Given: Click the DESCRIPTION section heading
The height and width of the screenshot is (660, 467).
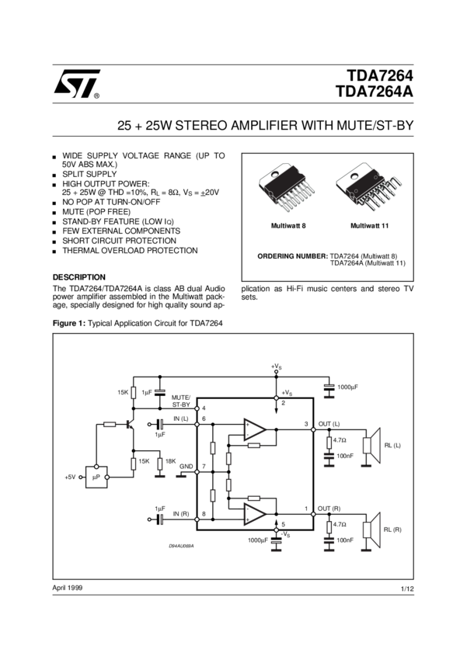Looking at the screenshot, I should tap(78, 276).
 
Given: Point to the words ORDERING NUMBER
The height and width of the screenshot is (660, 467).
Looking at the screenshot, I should tap(292, 255).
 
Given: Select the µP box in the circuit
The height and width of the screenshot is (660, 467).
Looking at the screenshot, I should tap(97, 476).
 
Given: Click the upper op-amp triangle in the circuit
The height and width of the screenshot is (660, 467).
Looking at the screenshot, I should tap(255, 429).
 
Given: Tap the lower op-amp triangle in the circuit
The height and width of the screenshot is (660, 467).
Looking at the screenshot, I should tap(255, 513).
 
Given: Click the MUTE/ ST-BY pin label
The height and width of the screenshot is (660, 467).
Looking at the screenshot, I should tap(181, 400).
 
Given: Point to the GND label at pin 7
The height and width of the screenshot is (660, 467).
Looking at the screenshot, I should tap(186, 467).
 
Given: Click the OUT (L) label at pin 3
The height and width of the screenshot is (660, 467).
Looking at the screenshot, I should tap(329, 422).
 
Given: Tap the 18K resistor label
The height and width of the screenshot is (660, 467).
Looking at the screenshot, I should tap(171, 460).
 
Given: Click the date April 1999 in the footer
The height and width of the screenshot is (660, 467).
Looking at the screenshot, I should tap(67, 587).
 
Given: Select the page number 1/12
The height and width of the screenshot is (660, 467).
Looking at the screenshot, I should tap(406, 590).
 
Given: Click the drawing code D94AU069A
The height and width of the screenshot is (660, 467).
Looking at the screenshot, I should tap(181, 546).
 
